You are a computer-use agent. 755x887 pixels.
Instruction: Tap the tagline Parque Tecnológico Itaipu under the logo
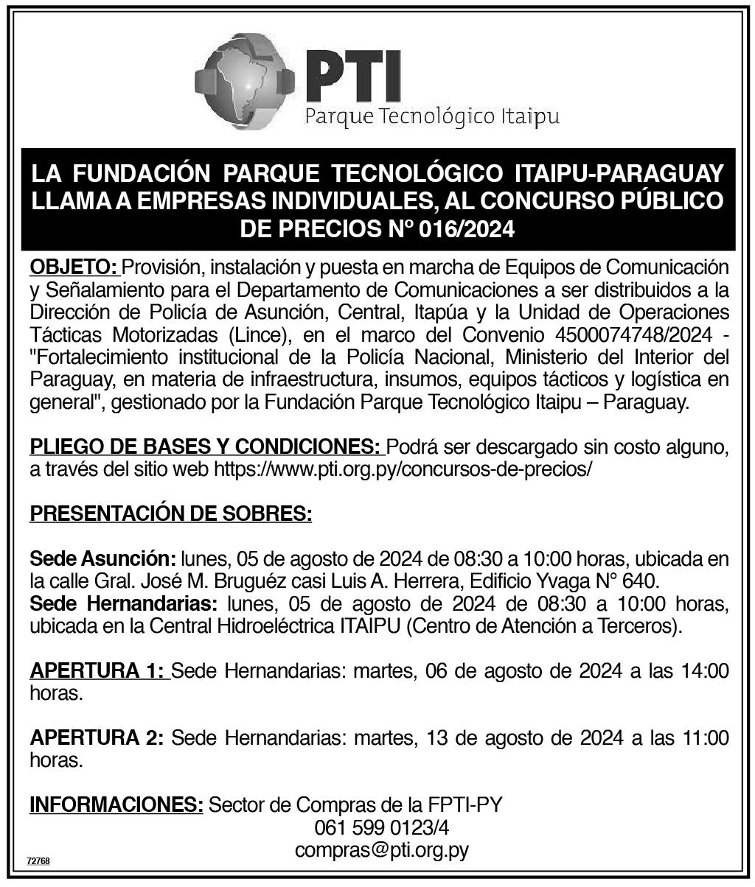(432, 116)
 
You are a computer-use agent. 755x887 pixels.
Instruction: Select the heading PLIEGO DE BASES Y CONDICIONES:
(206, 446)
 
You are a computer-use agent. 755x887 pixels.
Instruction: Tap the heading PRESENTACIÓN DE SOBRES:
(170, 513)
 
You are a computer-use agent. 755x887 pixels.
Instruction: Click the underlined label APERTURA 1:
(100, 671)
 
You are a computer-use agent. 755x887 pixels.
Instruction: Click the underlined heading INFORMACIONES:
(116, 804)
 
